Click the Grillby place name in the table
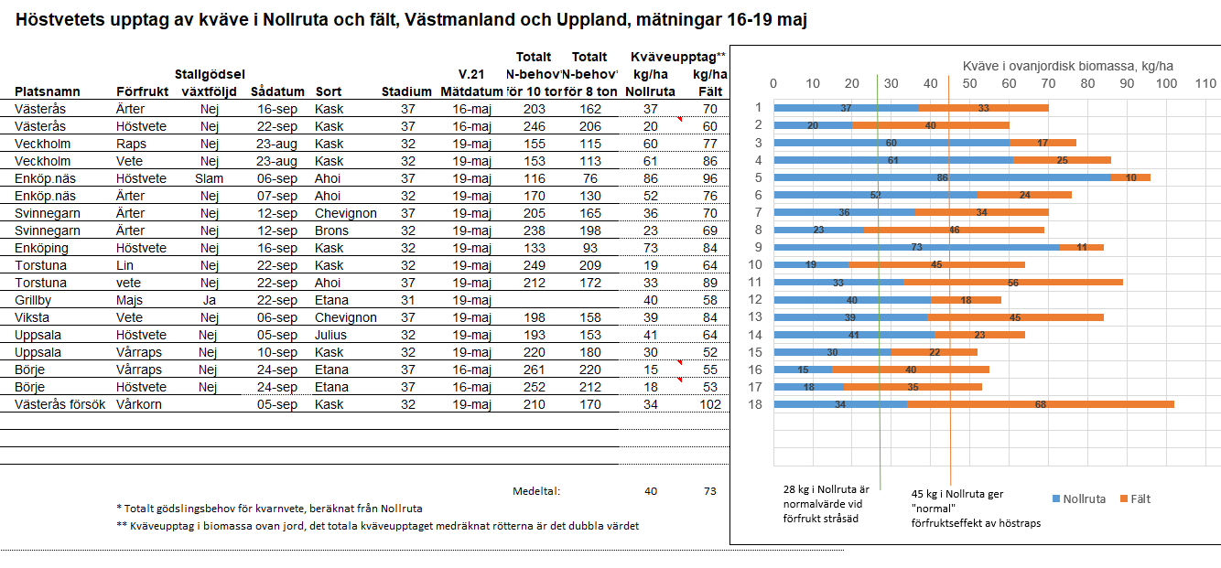[33, 300]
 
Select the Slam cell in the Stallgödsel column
[209, 178]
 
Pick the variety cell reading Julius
[330, 335]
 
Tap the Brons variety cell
[330, 230]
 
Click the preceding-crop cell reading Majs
[129, 300]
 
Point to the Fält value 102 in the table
[710, 404]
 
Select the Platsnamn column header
[48, 91]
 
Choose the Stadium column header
[406, 91]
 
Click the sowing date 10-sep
[276, 352]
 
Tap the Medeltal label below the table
[535, 491]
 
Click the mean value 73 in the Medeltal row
[710, 491]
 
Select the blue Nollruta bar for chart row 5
[942, 177]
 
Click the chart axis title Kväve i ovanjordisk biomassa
[1067, 66]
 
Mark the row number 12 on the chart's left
[758, 299]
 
